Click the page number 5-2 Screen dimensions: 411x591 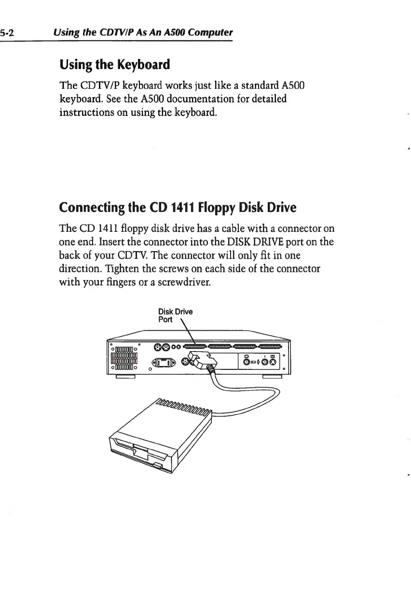click(9, 33)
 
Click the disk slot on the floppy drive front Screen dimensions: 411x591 click(140, 447)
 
